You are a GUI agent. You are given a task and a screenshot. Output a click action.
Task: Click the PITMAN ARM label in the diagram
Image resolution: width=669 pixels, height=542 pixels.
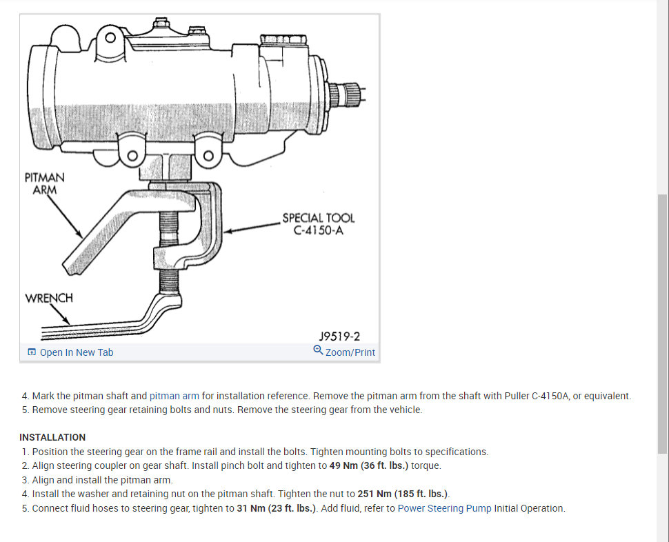click(44, 183)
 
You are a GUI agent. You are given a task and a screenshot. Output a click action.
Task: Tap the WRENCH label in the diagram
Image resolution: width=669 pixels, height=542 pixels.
click(49, 298)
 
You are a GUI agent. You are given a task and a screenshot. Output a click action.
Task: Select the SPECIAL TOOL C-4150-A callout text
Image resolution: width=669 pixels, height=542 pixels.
click(318, 224)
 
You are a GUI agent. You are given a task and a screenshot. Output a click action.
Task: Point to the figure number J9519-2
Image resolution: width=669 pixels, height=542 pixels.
click(339, 337)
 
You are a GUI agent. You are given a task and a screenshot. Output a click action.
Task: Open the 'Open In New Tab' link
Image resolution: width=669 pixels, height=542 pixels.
click(77, 352)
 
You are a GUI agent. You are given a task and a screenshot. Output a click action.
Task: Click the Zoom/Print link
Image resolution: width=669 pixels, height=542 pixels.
click(350, 352)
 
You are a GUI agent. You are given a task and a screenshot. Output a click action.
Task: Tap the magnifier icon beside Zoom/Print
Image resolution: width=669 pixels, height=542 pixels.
click(318, 350)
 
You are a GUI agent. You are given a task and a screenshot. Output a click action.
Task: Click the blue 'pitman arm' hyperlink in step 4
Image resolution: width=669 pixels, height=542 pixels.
click(174, 396)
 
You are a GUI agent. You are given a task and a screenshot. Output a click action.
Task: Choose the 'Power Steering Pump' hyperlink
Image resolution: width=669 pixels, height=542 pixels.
click(444, 508)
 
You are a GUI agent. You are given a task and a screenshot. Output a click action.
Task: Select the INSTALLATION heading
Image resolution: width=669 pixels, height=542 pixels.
click(52, 437)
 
